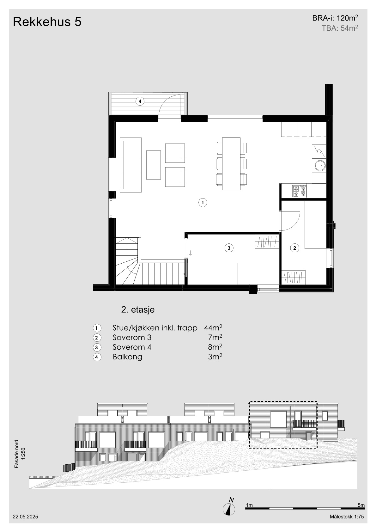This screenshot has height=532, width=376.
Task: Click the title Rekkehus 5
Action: point(47,22)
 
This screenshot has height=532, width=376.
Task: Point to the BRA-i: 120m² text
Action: point(335,18)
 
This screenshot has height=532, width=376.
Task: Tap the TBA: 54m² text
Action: point(340,28)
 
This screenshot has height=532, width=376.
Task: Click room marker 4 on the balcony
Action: point(140,101)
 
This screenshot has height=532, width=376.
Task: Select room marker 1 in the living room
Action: point(203,203)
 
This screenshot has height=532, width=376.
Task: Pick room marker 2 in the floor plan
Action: point(294,248)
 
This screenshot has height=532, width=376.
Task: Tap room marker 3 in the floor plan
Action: point(229,248)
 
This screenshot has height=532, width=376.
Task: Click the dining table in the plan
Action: point(231,164)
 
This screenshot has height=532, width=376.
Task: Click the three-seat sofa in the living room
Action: point(130,165)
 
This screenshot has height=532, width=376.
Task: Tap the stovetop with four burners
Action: point(299,191)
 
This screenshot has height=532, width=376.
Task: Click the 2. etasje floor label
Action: point(138,310)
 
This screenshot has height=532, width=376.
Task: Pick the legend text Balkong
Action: point(127,357)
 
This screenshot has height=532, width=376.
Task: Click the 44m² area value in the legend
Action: point(213,328)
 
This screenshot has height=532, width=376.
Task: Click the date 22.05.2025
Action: point(25,517)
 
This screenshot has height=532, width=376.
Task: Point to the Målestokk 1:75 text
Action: point(347,517)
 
